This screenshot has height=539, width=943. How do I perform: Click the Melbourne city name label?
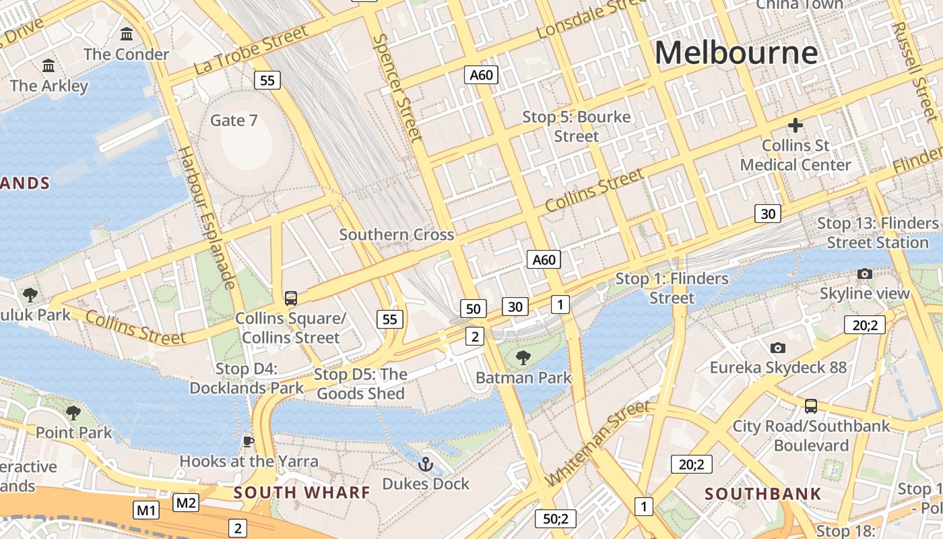736,53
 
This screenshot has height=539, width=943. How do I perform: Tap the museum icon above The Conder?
127,34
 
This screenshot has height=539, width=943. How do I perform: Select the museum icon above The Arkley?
48,65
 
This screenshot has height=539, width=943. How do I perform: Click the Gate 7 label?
234,121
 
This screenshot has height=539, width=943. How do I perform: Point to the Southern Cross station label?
396,235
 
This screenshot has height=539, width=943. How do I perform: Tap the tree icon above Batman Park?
523,358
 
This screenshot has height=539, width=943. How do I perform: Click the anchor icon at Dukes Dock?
426,464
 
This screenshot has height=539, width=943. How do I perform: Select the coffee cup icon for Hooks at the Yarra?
248,441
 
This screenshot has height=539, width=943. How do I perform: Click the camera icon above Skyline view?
864,274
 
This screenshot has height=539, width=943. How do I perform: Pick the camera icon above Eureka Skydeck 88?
778,348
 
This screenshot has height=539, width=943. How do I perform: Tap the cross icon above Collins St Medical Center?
795,125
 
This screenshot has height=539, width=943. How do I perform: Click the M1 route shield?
147,510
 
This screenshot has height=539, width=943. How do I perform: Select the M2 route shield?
186,502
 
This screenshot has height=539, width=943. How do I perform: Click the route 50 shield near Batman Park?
474,309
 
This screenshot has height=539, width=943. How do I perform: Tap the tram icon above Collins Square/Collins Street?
291,298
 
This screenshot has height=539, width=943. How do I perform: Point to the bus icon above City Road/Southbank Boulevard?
811,406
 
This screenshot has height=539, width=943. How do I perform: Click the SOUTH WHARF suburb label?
302,493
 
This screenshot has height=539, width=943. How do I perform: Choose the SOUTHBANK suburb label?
762,494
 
